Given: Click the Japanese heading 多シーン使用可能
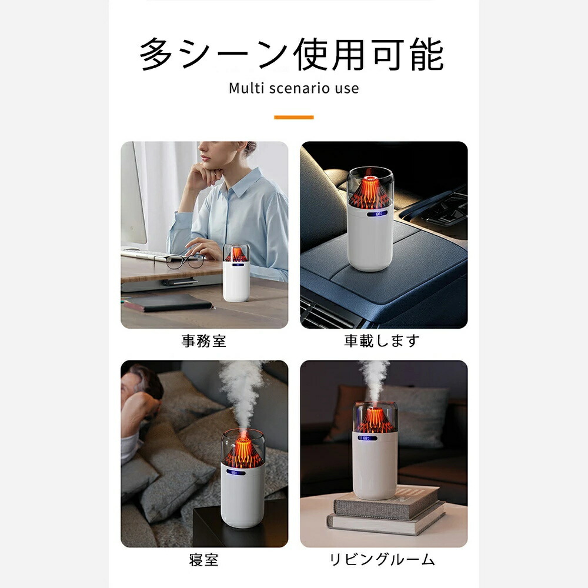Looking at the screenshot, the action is tap(292, 55).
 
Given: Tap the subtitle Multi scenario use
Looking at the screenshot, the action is tap(293, 89).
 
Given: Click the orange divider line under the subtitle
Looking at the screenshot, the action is tap(293, 118).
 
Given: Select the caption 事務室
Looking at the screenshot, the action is tap(203, 341).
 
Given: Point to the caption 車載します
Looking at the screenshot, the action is tap(382, 340).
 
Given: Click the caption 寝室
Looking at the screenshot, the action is tap(203, 560).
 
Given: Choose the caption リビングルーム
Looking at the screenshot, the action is tap(382, 560).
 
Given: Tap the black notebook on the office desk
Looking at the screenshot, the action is tap(169, 303).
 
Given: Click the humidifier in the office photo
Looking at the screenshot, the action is tap(236, 272).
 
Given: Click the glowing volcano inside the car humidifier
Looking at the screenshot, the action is tap(370, 190).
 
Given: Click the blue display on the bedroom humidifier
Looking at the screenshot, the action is tap(236, 473).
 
